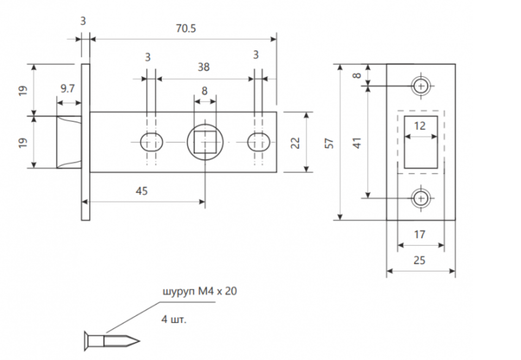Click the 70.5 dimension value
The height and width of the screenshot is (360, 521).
pos(186,29)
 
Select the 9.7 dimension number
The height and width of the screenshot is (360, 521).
pos(67,89)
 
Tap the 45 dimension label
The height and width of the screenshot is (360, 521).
pos(142,191)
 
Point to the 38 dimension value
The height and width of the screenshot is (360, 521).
pos(204,67)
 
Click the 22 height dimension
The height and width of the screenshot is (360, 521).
pos(295,143)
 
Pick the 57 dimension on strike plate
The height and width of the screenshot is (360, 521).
pos(329,143)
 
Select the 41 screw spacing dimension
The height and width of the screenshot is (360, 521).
pos(357,143)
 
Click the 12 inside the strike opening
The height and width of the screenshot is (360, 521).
pos(420,126)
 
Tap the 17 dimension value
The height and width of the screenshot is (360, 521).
pos(420,235)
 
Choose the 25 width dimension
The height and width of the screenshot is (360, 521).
pos(420,260)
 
